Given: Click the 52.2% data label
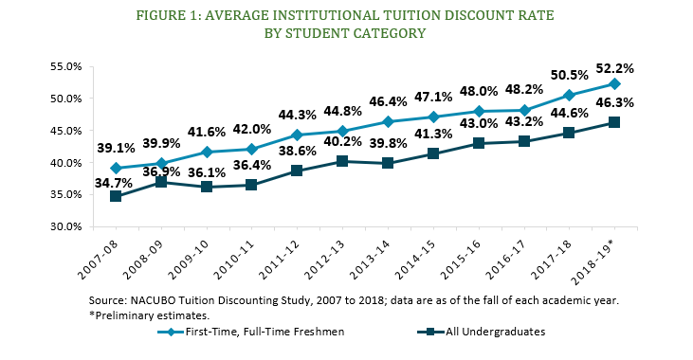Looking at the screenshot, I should pos(614,69).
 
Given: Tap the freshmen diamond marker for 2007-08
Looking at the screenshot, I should pos(115,168).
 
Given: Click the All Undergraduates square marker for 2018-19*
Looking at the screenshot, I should pos(614,122).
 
